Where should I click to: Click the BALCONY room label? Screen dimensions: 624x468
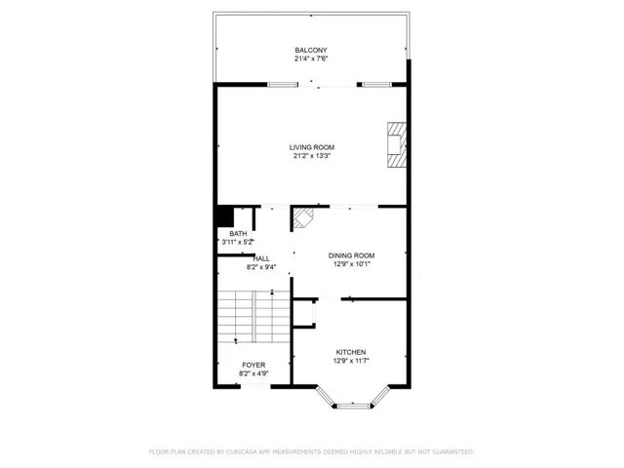click(311, 50)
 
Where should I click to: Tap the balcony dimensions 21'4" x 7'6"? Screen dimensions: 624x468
click(311, 58)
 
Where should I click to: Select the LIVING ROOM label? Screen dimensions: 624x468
click(312, 147)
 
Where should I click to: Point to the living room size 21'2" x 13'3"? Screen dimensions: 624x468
click(312, 156)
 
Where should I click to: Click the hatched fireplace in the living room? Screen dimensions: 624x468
click(397, 144)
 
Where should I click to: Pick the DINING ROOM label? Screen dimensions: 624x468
click(351, 255)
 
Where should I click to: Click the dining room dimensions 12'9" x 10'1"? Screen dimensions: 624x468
click(352, 264)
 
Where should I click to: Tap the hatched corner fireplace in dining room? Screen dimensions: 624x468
click(303, 218)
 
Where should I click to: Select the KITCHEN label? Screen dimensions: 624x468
click(351, 352)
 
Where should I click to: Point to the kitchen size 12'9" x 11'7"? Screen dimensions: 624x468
click(351, 361)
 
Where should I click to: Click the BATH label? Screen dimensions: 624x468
click(238, 234)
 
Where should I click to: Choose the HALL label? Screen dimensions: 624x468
click(261, 258)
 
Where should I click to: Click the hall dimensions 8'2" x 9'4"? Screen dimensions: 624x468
click(261, 267)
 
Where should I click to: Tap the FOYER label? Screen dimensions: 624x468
click(253, 365)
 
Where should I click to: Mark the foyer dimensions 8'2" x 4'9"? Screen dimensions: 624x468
click(253, 373)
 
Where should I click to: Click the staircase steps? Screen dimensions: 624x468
click(253, 316)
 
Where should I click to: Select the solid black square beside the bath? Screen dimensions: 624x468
click(225, 216)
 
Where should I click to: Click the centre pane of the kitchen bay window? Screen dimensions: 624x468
click(353, 406)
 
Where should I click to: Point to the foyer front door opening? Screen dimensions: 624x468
click(255, 386)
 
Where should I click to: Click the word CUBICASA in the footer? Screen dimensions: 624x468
click(242, 451)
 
